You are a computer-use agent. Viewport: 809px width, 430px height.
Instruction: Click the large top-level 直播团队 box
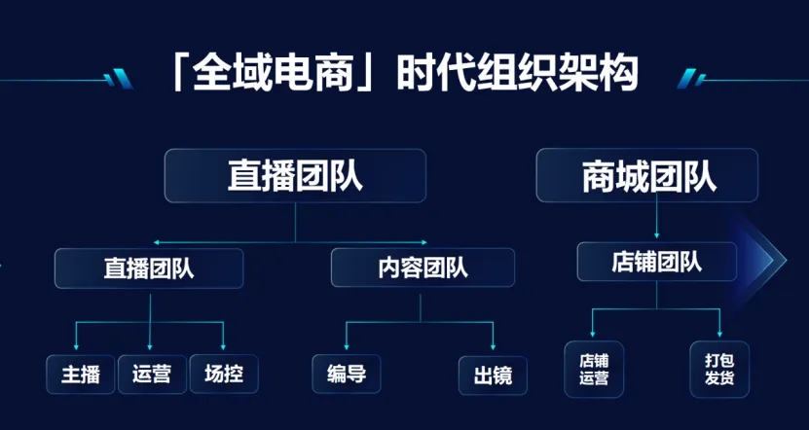tap(295, 175)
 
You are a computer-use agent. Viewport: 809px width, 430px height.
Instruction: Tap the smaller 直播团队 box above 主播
tap(149, 268)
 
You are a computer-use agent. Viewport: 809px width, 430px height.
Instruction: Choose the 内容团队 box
tap(423, 268)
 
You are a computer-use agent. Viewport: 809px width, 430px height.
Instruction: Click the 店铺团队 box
tap(657, 262)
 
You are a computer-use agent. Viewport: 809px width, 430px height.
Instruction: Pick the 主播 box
tap(81, 375)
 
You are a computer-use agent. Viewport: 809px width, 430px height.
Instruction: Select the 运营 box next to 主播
tap(152, 375)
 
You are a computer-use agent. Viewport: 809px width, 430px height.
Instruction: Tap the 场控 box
tap(224, 375)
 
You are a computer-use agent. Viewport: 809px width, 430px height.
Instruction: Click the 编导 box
tap(347, 375)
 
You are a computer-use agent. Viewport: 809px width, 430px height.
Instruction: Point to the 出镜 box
tap(493, 375)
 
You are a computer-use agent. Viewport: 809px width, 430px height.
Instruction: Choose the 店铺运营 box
tap(594, 369)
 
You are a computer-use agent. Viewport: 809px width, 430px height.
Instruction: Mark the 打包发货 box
tap(720, 369)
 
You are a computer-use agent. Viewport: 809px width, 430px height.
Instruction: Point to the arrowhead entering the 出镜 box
tap(494, 346)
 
